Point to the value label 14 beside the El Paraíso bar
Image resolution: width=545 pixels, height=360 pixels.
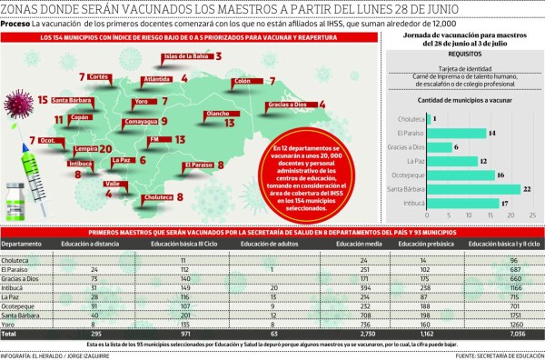point(491,133)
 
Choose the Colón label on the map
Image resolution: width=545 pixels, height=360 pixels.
point(242,81)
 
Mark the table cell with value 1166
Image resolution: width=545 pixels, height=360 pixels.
point(519,286)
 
